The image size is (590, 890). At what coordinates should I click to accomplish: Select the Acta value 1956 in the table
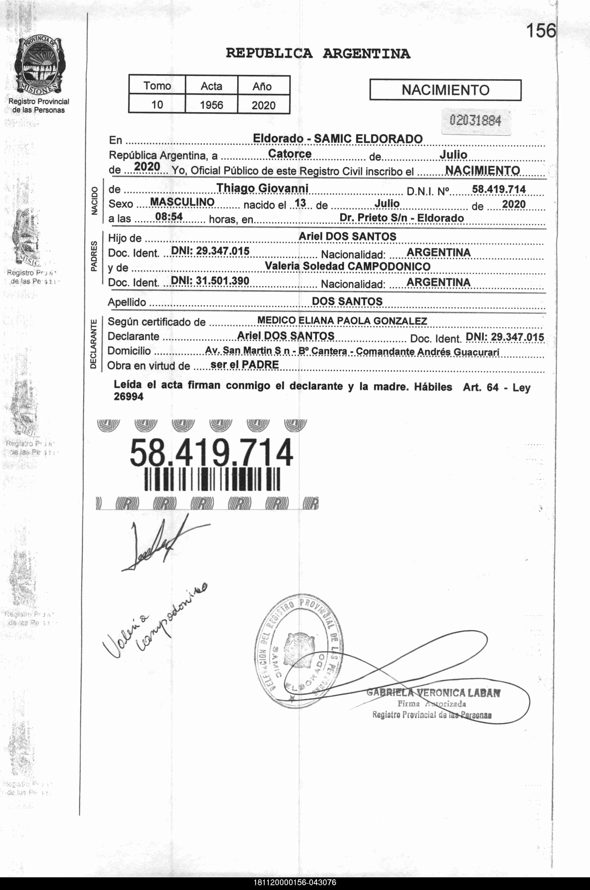[212, 105]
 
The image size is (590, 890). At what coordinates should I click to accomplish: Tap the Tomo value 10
[157, 105]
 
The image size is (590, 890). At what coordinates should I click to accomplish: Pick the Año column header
[262, 86]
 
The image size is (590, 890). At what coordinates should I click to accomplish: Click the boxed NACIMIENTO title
[445, 90]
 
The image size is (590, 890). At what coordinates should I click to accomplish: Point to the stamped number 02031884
[475, 121]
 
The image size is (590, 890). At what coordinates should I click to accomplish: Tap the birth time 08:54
[169, 216]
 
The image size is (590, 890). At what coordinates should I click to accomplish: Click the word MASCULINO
[182, 202]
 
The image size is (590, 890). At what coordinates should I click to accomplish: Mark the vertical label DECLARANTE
[94, 344]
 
